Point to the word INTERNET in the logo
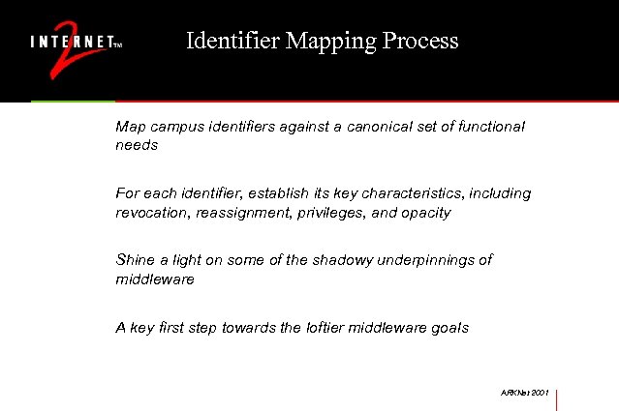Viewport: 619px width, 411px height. [71, 44]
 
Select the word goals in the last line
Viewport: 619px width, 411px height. [449, 327]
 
